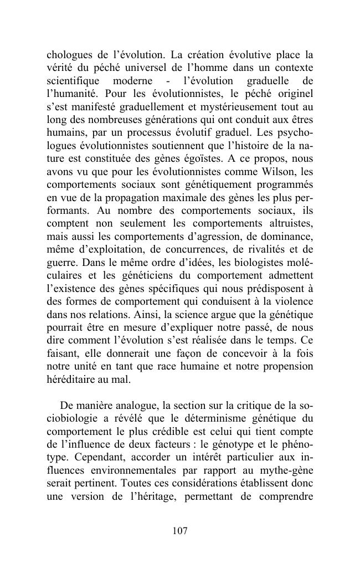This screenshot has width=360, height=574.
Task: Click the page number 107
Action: (180, 531)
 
